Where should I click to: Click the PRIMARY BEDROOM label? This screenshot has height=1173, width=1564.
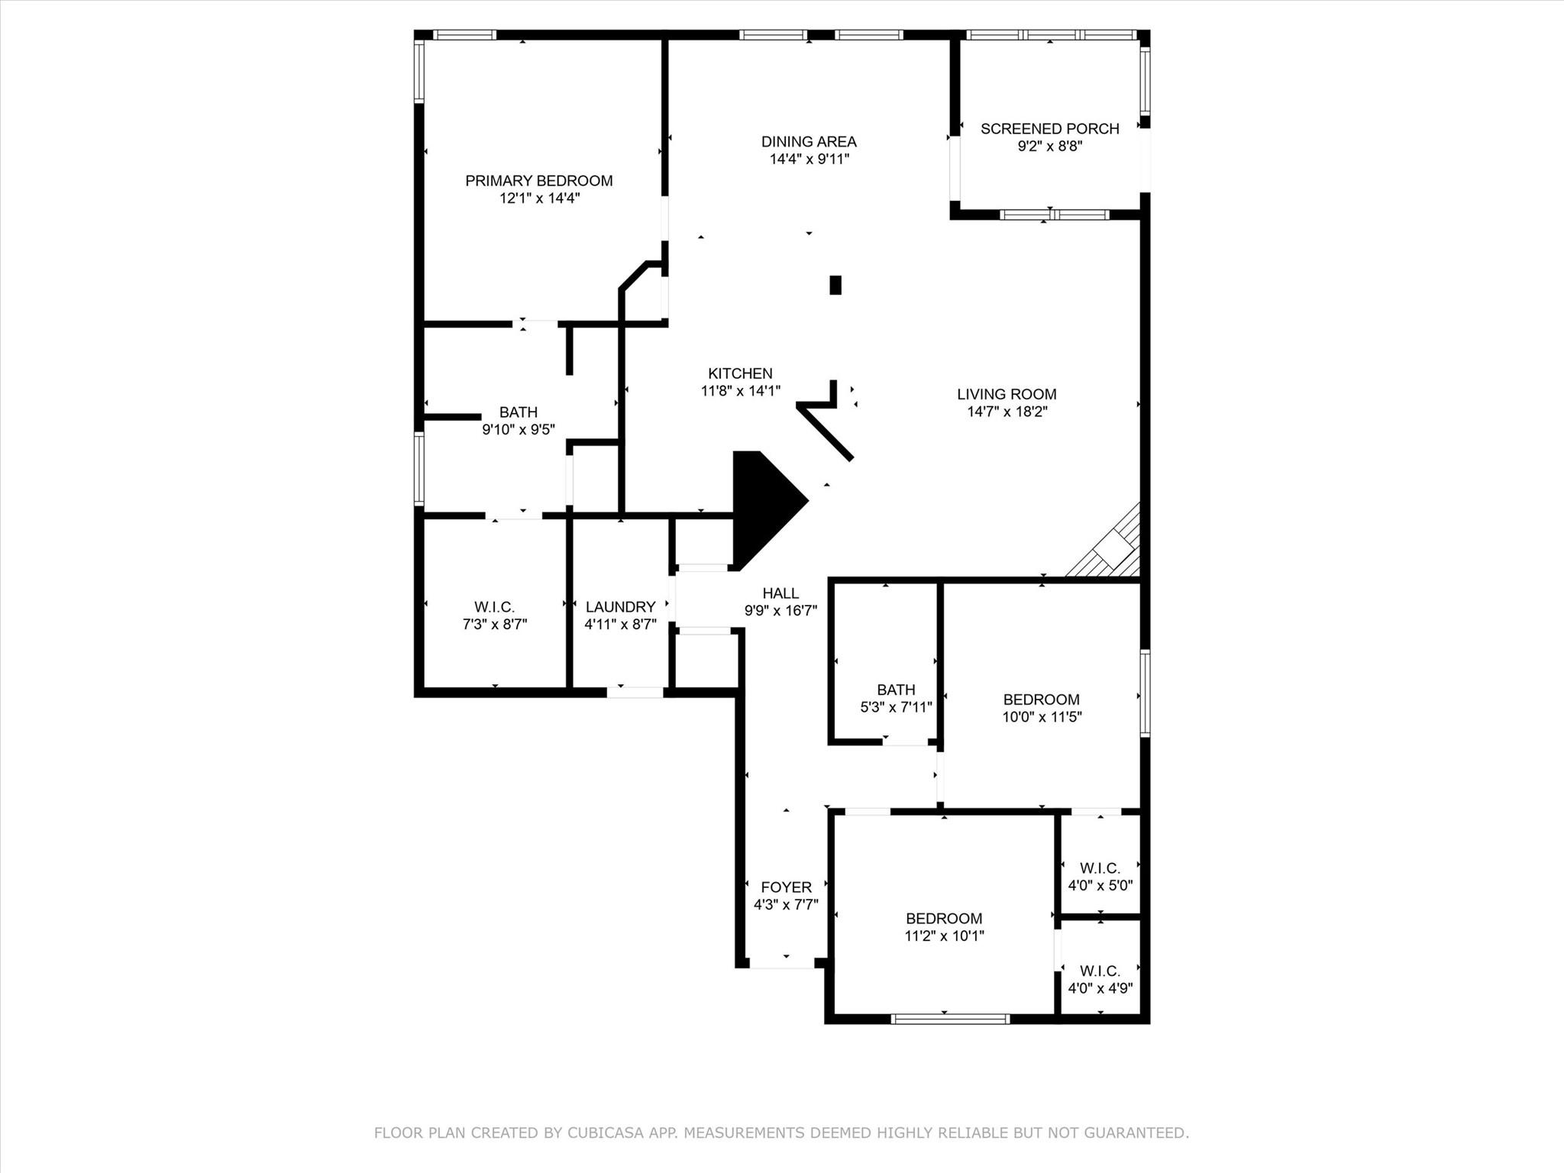click(x=538, y=181)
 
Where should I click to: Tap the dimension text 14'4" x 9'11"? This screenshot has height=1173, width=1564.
click(x=809, y=160)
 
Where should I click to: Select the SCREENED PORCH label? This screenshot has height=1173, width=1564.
click(x=1049, y=129)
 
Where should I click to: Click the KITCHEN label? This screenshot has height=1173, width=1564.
click(x=740, y=373)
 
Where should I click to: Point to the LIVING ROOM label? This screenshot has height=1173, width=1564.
click(x=1007, y=394)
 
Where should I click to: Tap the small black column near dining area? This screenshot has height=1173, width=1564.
click(x=835, y=285)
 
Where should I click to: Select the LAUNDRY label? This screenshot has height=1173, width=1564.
click(x=620, y=607)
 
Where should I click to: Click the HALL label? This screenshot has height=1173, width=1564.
click(x=780, y=593)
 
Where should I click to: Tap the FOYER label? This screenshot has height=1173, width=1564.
click(x=786, y=887)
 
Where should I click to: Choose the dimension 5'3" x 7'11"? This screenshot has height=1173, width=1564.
click(x=896, y=707)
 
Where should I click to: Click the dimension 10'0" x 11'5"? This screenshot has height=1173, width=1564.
click(x=1042, y=717)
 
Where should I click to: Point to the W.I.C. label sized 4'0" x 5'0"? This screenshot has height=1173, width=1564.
click(x=1100, y=868)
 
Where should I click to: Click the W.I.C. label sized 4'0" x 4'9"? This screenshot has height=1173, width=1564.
click(x=1100, y=971)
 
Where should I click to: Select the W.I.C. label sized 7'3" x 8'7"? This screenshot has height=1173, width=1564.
click(x=494, y=607)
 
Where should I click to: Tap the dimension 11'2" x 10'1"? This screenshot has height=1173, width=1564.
click(x=944, y=936)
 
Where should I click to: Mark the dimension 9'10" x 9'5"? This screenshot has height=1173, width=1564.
click(x=518, y=430)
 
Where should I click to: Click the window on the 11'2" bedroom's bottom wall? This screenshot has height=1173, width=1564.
click(x=950, y=1018)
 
